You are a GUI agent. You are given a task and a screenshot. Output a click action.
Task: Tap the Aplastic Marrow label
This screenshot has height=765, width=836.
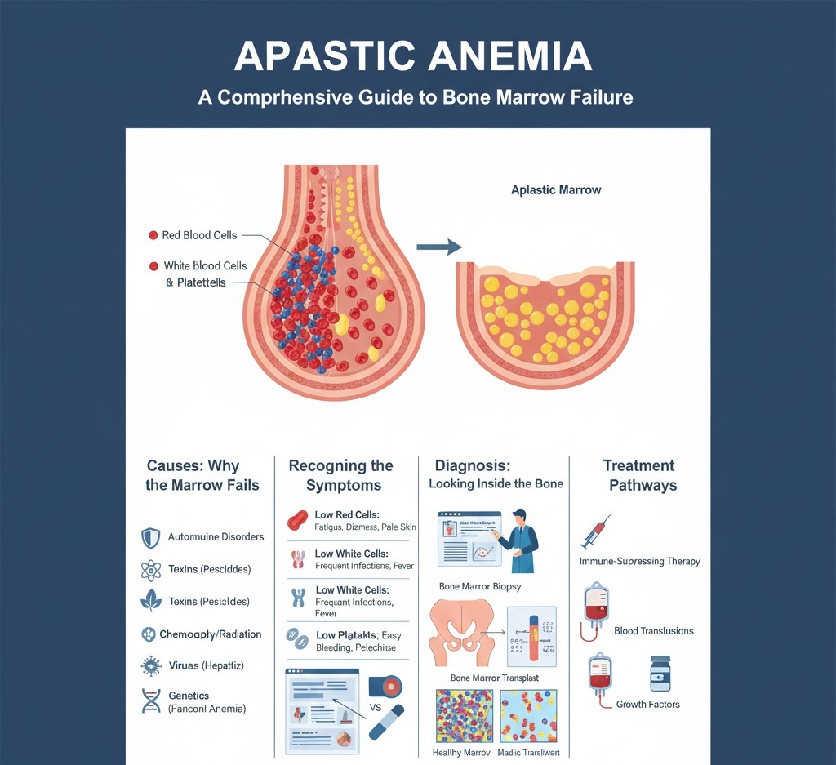(555, 190)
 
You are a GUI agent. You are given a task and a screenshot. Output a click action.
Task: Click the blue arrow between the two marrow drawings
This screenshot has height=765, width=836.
(438, 247)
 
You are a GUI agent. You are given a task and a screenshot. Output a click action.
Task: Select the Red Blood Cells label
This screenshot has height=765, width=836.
(199, 235)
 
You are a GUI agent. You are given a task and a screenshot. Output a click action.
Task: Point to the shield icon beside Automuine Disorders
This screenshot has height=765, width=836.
(151, 537)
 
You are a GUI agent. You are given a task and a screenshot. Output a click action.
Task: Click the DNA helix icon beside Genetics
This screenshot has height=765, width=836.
(151, 701)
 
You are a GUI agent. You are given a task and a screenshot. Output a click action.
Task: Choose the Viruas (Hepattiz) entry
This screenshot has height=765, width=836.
(206, 666)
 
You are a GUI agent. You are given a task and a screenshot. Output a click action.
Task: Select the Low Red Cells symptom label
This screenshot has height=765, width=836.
(352, 514)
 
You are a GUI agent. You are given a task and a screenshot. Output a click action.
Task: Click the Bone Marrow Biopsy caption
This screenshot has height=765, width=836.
(480, 587)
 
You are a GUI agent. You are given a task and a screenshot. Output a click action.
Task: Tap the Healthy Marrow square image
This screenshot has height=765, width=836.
(464, 715)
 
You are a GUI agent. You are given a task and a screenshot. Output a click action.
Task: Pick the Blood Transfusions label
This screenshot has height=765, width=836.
(653, 631)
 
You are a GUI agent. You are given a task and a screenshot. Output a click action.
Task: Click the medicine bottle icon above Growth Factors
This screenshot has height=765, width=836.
(660, 674)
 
